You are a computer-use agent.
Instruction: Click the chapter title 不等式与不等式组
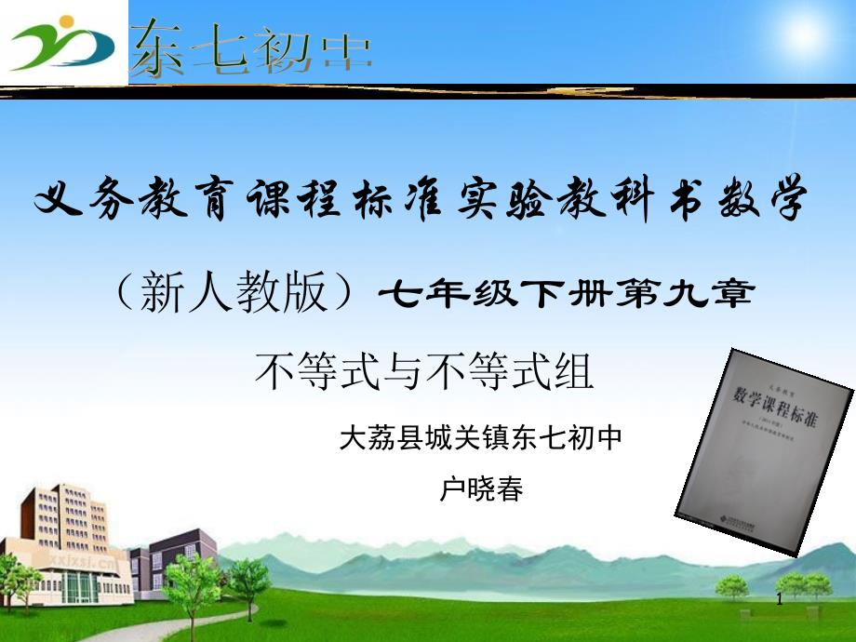tap(424, 373)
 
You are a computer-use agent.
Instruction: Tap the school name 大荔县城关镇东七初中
tap(481, 436)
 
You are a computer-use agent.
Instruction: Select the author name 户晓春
tap(481, 489)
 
